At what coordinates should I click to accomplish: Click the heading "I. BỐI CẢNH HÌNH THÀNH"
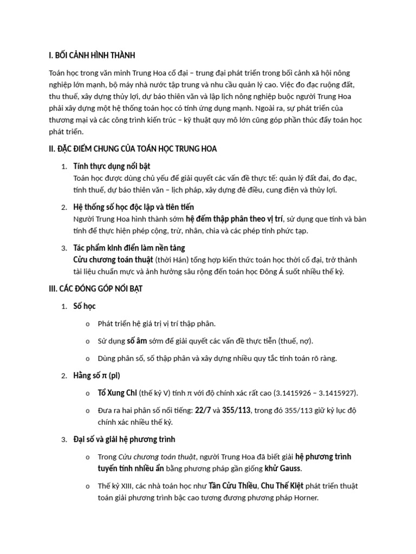92,55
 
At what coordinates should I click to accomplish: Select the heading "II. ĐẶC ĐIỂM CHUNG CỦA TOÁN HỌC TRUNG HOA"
133,149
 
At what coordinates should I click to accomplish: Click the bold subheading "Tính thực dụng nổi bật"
115,166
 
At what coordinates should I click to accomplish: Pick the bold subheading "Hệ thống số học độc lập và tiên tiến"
133,207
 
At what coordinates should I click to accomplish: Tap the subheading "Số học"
84,306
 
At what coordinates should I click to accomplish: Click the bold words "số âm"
137,341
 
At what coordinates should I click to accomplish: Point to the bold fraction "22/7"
204,410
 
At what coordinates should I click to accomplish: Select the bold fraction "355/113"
236,410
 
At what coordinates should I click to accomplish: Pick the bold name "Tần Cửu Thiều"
233,485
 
